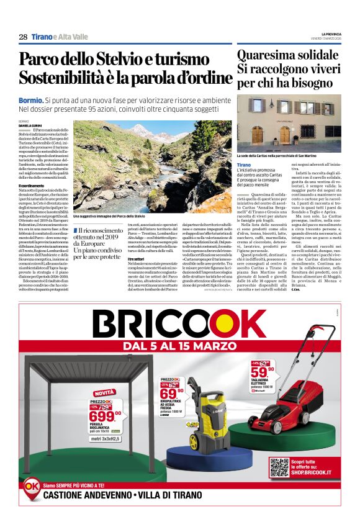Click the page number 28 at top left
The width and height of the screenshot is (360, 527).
23,37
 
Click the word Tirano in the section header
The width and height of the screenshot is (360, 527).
41,37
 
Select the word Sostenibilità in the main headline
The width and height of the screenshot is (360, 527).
62,79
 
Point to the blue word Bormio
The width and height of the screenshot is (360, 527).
30,99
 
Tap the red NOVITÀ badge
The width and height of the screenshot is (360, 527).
104,392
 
